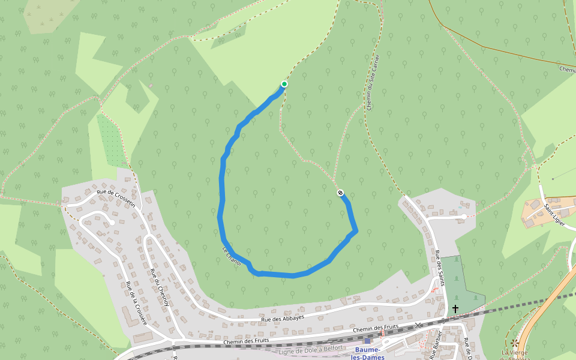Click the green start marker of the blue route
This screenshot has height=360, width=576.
284,84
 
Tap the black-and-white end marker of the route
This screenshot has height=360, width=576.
340,193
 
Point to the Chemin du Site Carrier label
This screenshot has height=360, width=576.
373,82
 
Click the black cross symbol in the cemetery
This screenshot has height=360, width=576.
455,309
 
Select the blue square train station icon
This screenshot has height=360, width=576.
368,341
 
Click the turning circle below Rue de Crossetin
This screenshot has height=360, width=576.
112,223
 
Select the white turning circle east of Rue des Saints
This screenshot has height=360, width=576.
464,217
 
